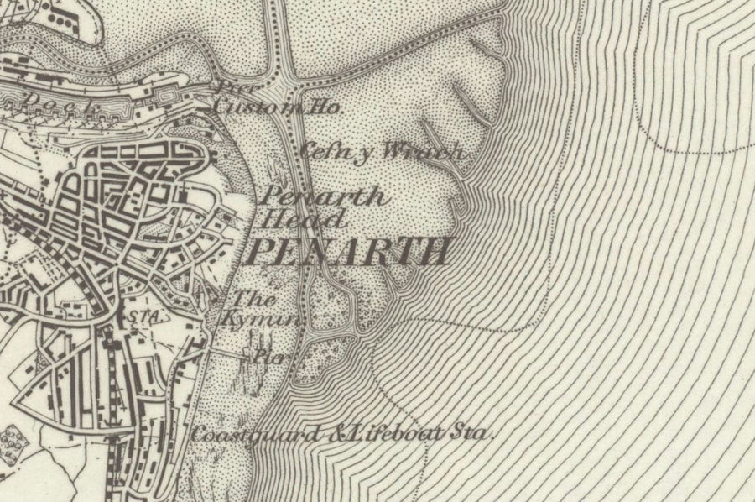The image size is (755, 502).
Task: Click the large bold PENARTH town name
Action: click(x=351, y=251)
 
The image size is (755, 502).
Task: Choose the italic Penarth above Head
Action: click(x=324, y=197)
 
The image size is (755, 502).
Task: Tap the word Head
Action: click(x=304, y=220)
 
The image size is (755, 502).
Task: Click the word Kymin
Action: click(x=262, y=319)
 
